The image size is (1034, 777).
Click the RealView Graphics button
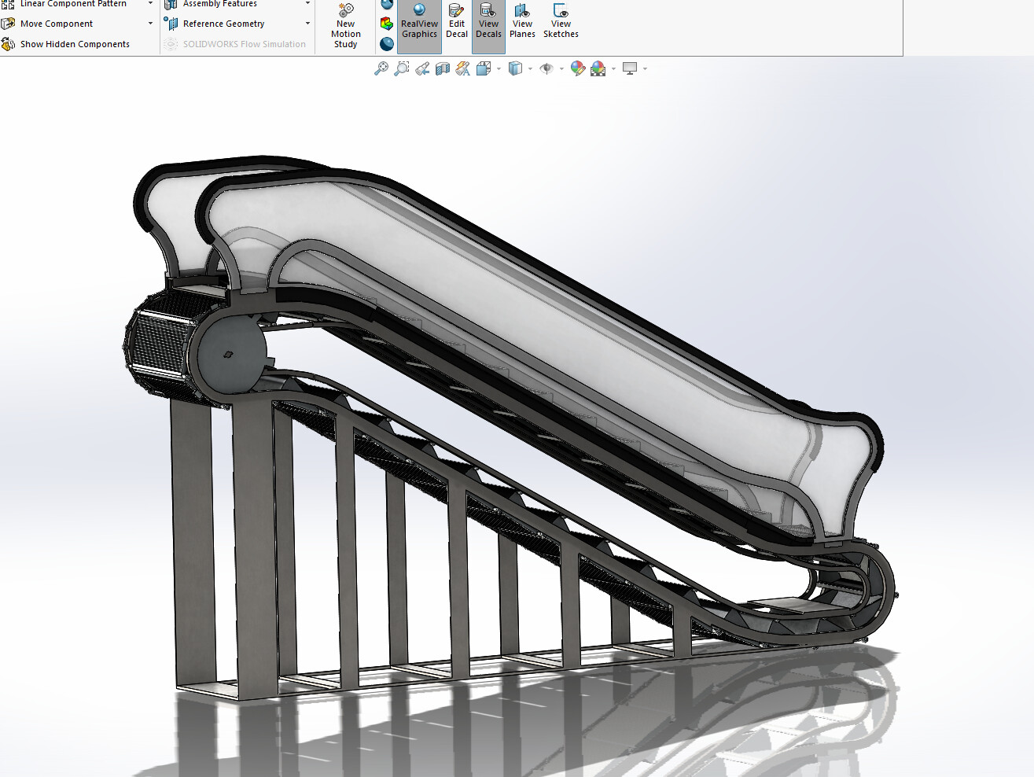tap(419, 24)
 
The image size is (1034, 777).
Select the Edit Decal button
tap(456, 24)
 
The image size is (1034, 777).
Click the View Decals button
tap(488, 24)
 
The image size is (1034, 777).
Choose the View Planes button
tap(522, 24)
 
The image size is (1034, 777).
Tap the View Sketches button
tap(561, 24)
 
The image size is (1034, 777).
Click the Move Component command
tap(57, 24)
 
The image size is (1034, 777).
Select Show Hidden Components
tap(75, 44)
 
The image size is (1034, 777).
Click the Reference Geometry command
tap(223, 24)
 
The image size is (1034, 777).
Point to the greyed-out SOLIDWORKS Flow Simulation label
tap(244, 44)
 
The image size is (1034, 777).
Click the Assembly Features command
tap(219, 4)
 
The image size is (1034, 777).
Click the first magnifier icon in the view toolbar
tap(381, 69)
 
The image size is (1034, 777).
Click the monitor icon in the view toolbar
tap(630, 69)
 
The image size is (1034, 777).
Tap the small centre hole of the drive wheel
tap(227, 355)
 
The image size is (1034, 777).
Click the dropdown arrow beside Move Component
tap(150, 24)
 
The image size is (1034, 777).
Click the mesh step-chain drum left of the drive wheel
tap(157, 342)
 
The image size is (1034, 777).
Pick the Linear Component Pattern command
tap(72, 4)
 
